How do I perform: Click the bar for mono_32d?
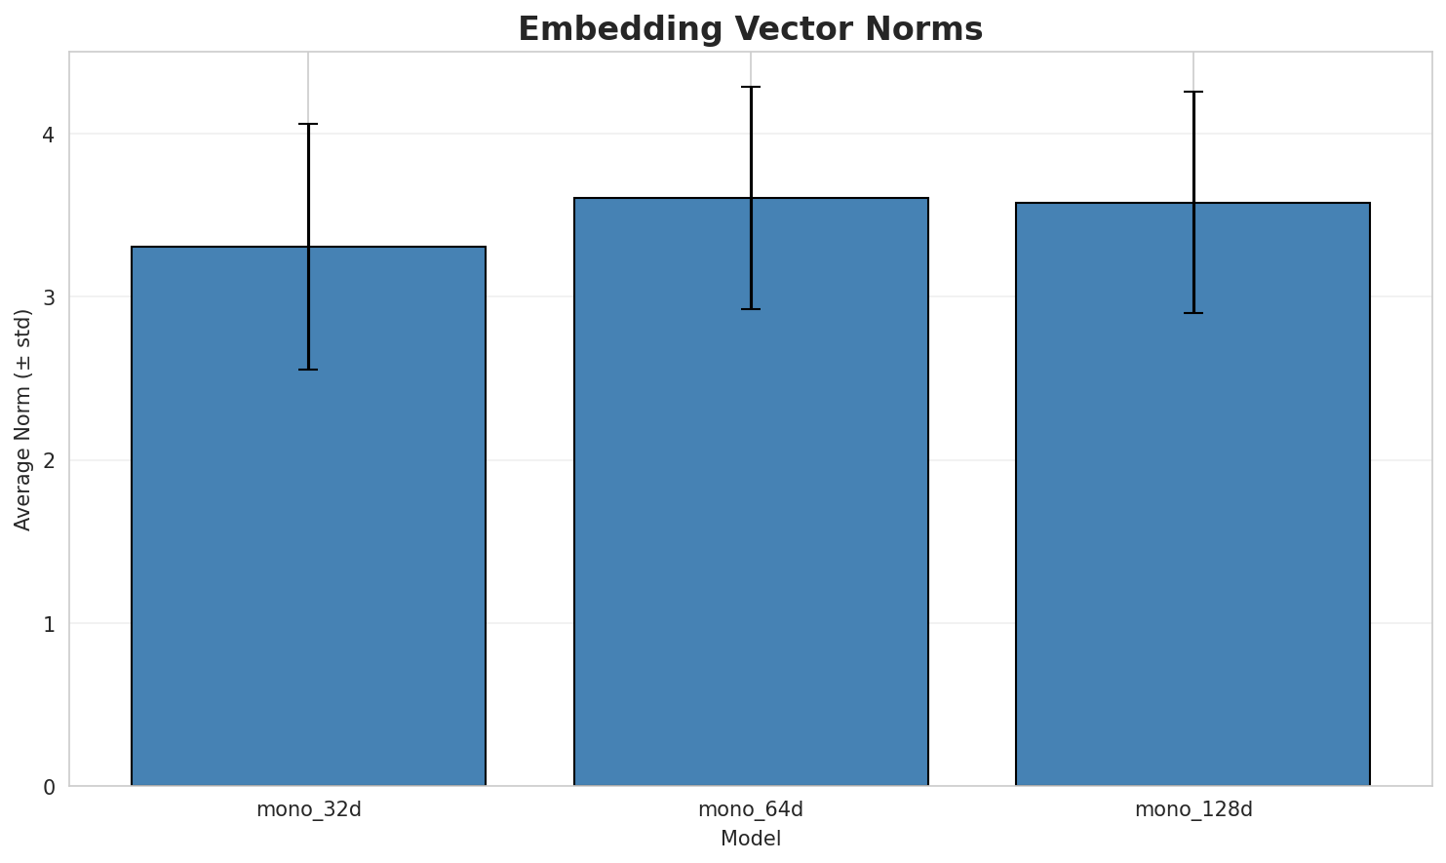[308, 516]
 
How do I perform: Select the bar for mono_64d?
[751, 491]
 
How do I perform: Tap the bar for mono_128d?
[1192, 494]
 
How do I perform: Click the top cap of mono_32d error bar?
[308, 124]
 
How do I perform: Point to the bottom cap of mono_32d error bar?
[308, 370]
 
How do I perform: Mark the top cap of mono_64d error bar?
[751, 87]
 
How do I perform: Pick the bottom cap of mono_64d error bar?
[751, 309]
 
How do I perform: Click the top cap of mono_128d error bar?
[1192, 92]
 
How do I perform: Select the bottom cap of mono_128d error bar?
[1192, 313]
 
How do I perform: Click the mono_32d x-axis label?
[308, 809]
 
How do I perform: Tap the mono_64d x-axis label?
[751, 809]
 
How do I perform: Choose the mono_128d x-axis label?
[1192, 809]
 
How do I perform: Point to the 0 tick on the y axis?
[48, 787]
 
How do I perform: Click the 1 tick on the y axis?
[48, 624]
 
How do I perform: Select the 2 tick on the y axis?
[48, 460]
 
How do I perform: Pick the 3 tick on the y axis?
[48, 297]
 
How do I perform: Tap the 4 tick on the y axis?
[48, 135]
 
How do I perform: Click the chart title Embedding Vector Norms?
[750, 29]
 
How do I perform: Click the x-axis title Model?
[750, 839]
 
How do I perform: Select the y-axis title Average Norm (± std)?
[23, 419]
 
